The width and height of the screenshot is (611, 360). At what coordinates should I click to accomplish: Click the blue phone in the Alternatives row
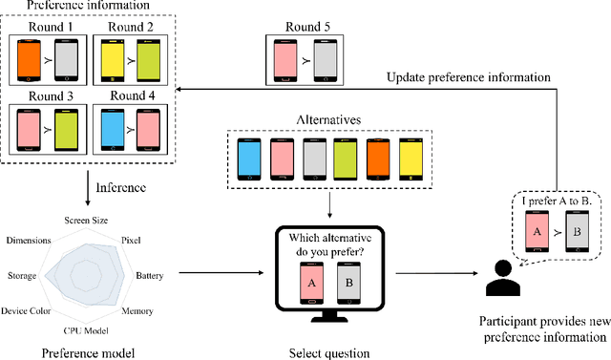(250, 159)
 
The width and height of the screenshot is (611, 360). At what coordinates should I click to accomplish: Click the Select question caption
(327, 352)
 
